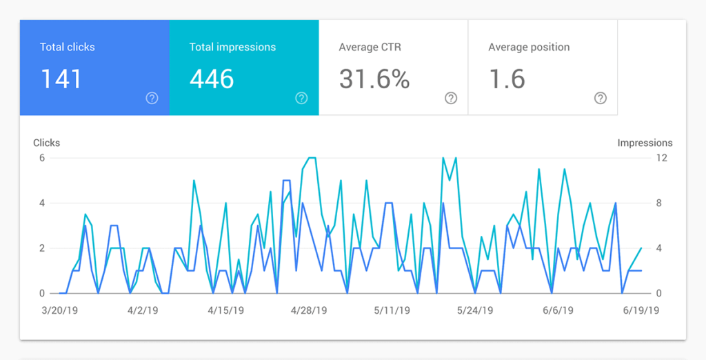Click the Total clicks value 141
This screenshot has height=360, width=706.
[61, 79]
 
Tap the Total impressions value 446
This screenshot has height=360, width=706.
[212, 79]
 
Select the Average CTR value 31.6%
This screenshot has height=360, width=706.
[374, 79]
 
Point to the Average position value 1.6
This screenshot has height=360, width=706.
[507, 79]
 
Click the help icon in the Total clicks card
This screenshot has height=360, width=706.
[152, 98]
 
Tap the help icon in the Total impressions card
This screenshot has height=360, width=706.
[301, 98]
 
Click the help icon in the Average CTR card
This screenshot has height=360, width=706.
[451, 98]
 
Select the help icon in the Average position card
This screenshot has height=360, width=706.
[601, 98]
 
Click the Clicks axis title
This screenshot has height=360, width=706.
[47, 143]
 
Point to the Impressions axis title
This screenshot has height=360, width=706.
[645, 143]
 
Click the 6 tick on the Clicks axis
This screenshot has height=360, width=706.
[41, 158]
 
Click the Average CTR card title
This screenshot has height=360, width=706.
[370, 48]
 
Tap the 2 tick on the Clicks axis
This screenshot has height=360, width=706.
[41, 248]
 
